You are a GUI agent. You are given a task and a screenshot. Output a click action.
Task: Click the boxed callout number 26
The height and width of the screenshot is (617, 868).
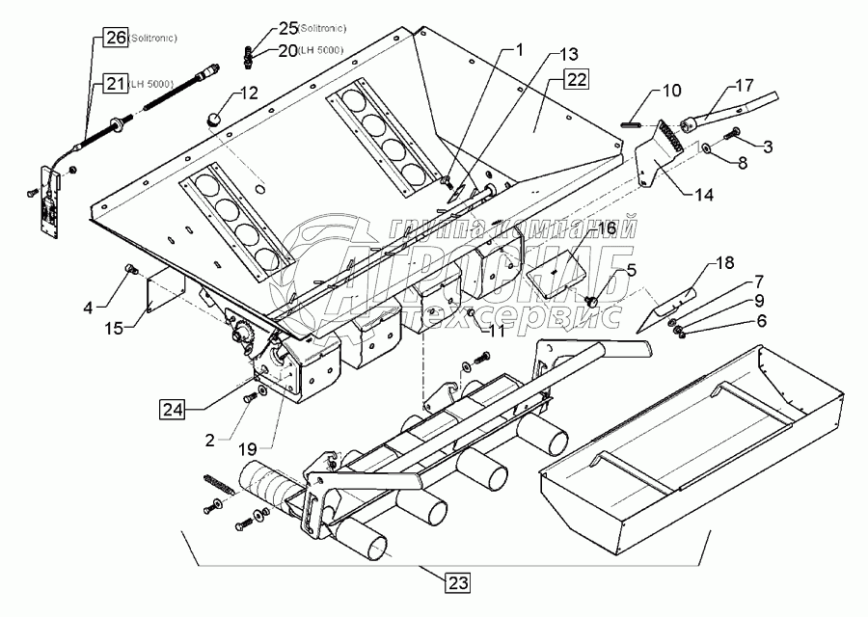115,40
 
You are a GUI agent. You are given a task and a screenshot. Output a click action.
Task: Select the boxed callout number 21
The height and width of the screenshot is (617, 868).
115,85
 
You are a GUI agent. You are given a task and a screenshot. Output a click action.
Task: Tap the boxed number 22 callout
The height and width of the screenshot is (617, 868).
576,80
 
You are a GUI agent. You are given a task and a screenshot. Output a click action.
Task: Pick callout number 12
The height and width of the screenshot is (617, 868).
249,94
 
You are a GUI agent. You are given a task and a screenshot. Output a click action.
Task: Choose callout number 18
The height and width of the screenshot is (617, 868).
725,262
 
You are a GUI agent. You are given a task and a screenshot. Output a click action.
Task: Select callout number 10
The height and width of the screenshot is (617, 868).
669,90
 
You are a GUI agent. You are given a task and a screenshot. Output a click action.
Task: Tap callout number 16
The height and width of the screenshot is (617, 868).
605,228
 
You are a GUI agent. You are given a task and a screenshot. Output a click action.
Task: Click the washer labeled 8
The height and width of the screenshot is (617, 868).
707,150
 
